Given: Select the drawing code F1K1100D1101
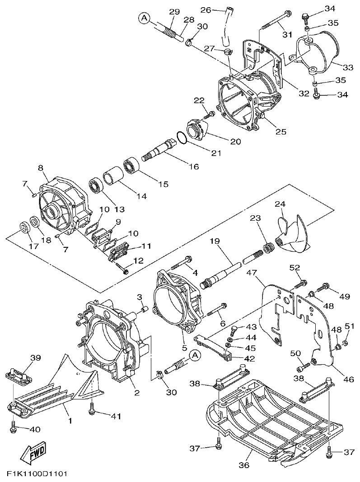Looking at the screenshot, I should (37, 474).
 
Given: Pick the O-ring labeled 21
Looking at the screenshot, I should (181, 138).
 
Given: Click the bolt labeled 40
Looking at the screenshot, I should (13, 425).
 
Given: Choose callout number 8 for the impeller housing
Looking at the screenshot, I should (40, 168).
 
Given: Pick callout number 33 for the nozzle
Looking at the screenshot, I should (347, 67).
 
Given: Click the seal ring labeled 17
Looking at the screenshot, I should (23, 226).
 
